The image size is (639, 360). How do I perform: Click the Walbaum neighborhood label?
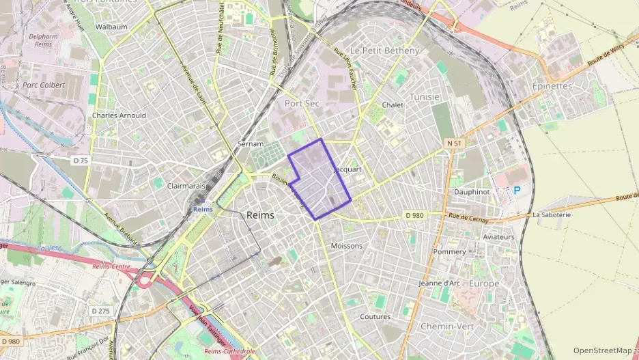pos(112,27)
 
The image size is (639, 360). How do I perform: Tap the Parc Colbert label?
pos(44,85)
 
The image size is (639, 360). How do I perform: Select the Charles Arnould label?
pos(119,115)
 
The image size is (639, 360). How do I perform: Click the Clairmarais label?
pos(186,184)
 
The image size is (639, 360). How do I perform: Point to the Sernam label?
pos(250,144)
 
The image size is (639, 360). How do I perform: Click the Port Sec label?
pos(302,103)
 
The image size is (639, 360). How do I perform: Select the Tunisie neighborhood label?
pos(425,97)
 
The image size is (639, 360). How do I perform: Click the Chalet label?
pos(393,105)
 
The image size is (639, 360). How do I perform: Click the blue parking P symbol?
pos(516,191)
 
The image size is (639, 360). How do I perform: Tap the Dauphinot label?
pos(472,192)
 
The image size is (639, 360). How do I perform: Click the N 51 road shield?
pos(454,143)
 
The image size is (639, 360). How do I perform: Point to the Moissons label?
pos(346,246)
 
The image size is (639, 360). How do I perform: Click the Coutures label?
pos(375,317)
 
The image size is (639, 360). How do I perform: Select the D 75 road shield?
pos(81,161)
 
